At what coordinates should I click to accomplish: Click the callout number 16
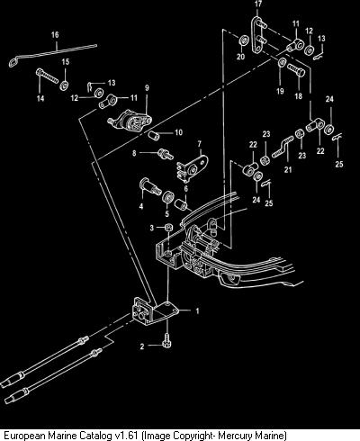55,35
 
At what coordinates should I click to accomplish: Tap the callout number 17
258,4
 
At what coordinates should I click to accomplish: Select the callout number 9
147,88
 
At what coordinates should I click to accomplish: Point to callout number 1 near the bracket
197,311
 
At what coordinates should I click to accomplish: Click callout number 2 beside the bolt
142,346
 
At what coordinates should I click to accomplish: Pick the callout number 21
288,170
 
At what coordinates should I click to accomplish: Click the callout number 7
200,144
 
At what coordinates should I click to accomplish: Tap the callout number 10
178,132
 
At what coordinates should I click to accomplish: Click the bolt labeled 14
48,76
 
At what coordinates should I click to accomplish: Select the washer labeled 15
64,85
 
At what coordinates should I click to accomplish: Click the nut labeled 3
168,227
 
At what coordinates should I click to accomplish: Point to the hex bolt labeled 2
166,341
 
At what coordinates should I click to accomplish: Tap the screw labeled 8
166,154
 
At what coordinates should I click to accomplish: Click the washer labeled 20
244,40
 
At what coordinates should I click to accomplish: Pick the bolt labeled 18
296,69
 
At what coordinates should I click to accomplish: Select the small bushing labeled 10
154,135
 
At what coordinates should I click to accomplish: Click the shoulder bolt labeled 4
150,185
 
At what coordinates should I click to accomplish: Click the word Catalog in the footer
96,435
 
